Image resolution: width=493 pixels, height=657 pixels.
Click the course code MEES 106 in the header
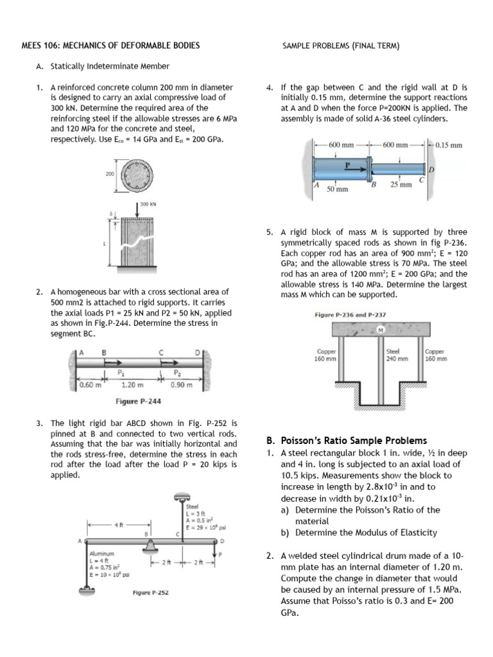(40, 46)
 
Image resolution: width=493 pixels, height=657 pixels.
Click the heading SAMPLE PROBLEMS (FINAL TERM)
(341, 46)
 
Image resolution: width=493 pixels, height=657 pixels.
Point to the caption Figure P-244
(138, 402)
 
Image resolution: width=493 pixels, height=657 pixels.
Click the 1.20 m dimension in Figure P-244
(132, 385)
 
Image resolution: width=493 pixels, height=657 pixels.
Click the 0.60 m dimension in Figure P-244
(90, 385)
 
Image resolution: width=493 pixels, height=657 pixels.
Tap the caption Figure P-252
(150, 592)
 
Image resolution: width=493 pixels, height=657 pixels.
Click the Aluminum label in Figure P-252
(101, 552)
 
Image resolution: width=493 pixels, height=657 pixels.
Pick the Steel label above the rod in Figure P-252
(192, 506)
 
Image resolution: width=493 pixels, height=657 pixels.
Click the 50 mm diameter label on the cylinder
(337, 189)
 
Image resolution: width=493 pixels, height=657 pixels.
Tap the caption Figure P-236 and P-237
(350, 315)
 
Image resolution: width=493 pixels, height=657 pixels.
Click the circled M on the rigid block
(381, 330)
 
